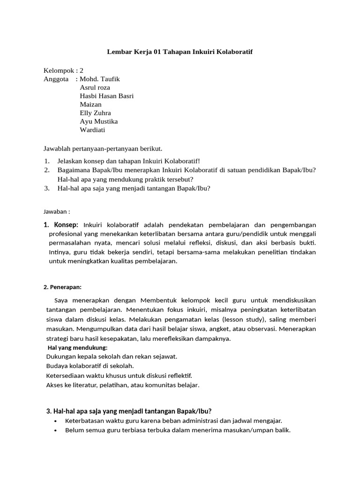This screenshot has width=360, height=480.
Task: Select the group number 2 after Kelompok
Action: [x=82, y=70]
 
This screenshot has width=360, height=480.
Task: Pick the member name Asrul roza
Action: [x=95, y=87]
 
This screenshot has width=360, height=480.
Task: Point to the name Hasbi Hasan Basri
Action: [x=107, y=96]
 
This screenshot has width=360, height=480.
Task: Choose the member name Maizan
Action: [x=91, y=104]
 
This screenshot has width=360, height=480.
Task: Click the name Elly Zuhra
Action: [x=96, y=113]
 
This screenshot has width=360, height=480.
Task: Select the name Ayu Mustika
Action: [x=98, y=121]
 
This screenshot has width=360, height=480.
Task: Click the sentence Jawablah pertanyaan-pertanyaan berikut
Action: [x=103, y=149]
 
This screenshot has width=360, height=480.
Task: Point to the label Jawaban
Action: [x=57, y=211]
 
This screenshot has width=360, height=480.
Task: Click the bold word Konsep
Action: [x=66, y=225]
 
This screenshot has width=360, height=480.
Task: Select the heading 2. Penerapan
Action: [x=63, y=287]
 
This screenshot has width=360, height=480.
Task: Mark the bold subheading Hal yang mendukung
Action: [x=78, y=347]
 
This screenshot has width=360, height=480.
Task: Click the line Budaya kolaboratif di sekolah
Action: [x=90, y=366]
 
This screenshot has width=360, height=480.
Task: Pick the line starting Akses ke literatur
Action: [x=123, y=385]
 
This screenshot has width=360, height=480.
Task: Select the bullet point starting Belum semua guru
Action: [x=178, y=430]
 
